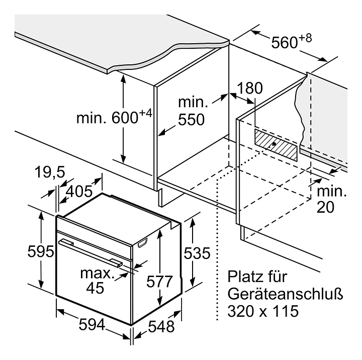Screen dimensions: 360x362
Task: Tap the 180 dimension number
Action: pyautogui.click(x=250, y=88)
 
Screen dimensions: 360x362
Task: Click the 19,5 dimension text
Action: pyautogui.click(x=50, y=172)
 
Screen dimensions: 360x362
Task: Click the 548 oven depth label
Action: pyautogui.click(x=160, y=326)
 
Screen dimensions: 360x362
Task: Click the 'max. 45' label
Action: pyautogui.click(x=95, y=281)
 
